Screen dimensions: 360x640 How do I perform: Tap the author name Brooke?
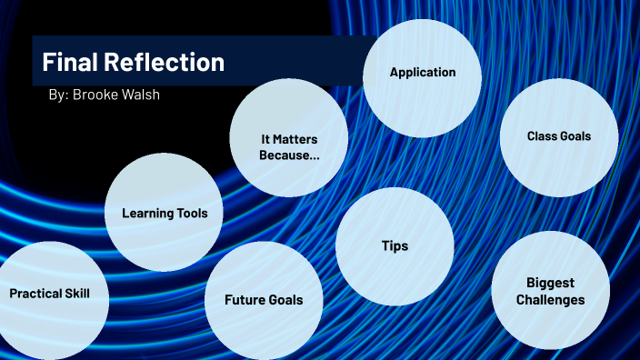click(98, 95)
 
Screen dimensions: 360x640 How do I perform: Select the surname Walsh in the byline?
click(142, 95)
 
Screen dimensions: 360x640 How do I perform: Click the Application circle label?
click(423, 72)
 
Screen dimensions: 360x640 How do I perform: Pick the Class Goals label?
click(559, 136)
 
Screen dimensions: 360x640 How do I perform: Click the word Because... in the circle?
click(289, 155)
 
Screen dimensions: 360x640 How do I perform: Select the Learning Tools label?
click(165, 214)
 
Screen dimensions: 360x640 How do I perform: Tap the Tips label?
click(395, 246)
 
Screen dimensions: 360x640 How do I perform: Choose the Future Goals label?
click(264, 300)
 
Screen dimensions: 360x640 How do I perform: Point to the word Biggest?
click(551, 283)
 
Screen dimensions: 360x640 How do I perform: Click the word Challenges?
click(551, 300)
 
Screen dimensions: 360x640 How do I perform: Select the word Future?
click(245, 300)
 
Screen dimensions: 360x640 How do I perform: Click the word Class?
click(542, 136)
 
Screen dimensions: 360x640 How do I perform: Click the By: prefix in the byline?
click(58, 95)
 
